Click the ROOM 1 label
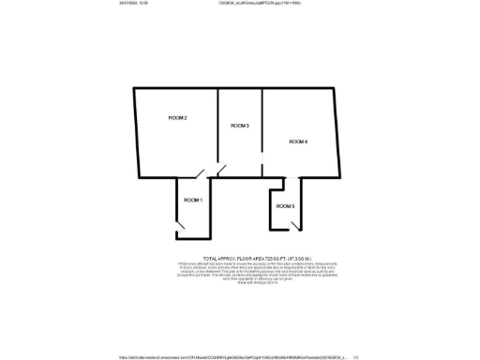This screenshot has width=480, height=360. [193, 201]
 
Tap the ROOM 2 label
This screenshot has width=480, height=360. [178, 118]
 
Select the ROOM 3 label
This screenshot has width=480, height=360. [240, 126]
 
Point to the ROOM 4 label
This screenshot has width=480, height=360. [298, 142]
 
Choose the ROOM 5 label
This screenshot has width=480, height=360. [286, 206]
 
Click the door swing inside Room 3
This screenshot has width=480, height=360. [222, 170]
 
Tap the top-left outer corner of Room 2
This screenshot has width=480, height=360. [133, 89]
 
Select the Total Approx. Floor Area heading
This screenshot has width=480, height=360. [239, 256]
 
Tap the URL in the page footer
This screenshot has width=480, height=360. [234, 356]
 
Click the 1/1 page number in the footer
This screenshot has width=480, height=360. [356, 356]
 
